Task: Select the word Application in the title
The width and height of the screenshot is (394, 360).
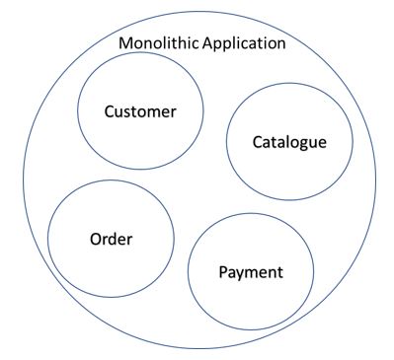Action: (241, 44)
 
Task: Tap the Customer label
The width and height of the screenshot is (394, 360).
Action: (140, 111)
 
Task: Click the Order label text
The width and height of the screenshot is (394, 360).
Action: (111, 238)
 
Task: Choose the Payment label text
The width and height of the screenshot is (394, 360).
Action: (250, 270)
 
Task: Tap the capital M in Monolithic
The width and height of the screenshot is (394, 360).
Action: (124, 44)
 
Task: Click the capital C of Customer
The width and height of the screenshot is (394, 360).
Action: (110, 111)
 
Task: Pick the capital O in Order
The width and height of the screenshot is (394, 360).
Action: (95, 238)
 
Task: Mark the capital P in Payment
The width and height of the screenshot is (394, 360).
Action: (221, 270)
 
